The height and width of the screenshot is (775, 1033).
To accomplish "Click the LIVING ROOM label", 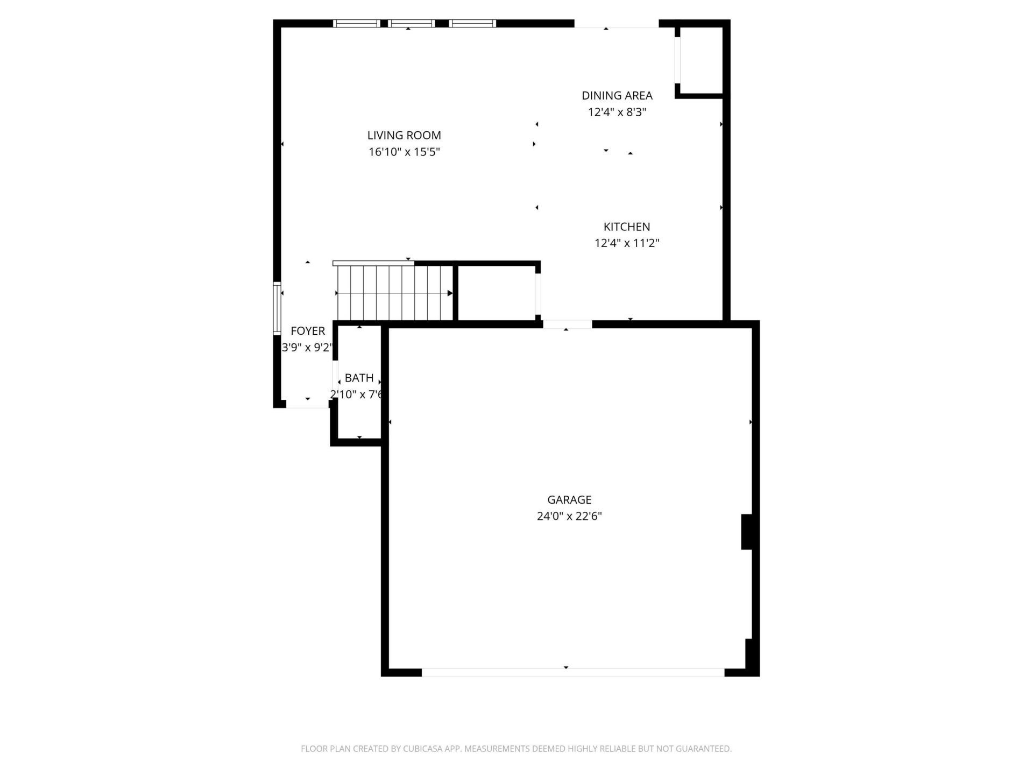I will tap(404, 136).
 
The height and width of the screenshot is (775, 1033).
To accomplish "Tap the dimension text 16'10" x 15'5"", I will tap(404, 152).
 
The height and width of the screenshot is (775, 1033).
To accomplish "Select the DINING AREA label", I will tap(617, 96).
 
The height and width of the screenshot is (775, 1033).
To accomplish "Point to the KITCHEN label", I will tap(626, 227).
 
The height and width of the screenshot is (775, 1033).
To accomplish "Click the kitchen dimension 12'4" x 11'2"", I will tap(626, 243).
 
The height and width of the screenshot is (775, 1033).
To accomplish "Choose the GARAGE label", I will tap(569, 500).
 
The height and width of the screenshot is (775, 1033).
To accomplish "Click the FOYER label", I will tap(308, 331).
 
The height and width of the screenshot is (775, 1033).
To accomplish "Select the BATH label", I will tap(359, 378).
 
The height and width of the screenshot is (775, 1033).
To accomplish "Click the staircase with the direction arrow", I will tap(394, 293).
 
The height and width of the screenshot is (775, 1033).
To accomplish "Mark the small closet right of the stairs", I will tap(496, 293).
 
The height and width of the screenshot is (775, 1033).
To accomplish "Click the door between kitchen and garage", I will tap(567, 325).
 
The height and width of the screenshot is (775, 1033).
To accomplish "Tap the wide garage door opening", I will tap(572, 672).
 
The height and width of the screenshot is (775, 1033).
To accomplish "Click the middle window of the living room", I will tap(411, 24).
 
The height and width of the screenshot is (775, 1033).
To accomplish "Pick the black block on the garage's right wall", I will tap(747, 532).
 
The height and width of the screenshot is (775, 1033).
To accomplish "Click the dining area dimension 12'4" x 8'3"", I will tap(617, 112).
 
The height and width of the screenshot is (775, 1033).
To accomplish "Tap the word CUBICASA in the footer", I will tap(423, 749).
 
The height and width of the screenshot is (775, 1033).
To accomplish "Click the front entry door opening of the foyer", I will tap(307, 405).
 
